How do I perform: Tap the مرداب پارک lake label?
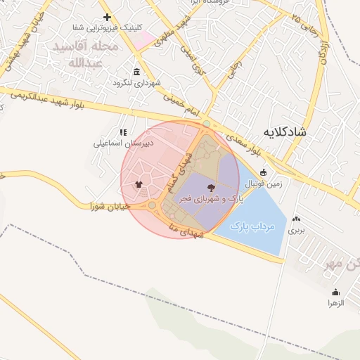[252, 226]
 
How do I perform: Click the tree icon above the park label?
[212, 188]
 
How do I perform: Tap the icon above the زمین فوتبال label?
[264, 172]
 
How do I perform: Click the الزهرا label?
[335, 303]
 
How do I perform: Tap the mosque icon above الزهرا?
[335, 292]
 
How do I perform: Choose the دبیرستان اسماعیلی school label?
[123, 143]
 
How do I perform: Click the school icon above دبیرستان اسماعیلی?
[123, 131]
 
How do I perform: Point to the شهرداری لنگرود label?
[137, 83]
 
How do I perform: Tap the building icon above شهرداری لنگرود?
[136, 72]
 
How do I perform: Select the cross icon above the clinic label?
[107, 17]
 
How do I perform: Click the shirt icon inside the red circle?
[138, 186]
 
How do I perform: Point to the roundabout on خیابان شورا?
[152, 205]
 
